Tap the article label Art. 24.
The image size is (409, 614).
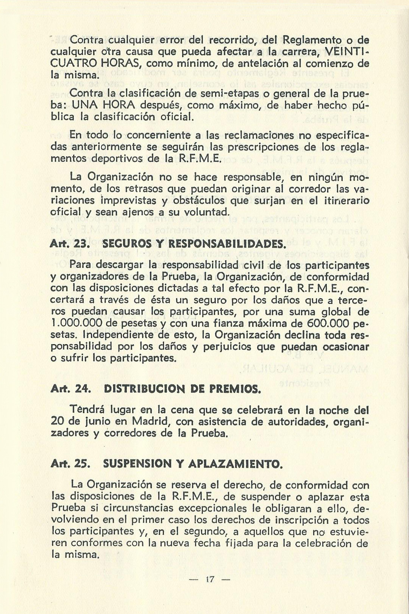click(70, 389)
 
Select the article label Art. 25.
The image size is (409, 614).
click(70, 464)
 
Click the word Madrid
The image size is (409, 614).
click(150, 421)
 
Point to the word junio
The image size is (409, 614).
click(109, 421)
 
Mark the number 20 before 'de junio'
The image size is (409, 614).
click(57, 421)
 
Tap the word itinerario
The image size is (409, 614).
click(345, 200)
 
